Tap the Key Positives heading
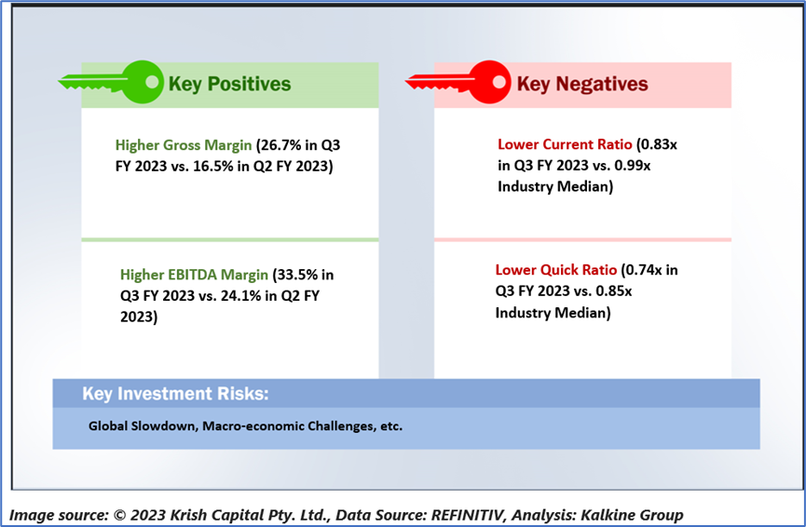coord(230,84)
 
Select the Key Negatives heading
coord(582,84)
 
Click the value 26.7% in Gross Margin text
coord(281,145)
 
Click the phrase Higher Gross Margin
coord(184,145)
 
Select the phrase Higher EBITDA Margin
coord(195,275)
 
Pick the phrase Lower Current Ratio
coord(565,144)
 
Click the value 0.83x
coord(659,144)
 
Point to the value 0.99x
coord(633,166)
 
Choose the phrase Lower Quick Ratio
coord(556,270)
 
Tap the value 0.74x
coord(644,270)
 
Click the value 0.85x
coord(614,291)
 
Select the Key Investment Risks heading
coord(175,394)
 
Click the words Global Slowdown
coord(143,426)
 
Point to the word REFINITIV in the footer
coord(467,515)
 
